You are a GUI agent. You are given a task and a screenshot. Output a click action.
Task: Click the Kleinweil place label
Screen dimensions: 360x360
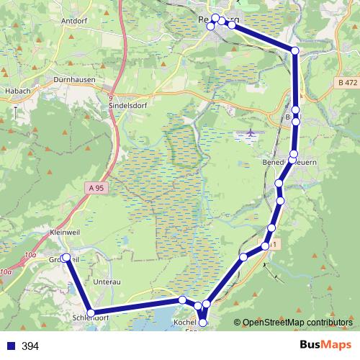click(x=67, y=233)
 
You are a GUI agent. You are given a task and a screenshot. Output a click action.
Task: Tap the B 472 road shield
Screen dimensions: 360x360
click(x=347, y=83)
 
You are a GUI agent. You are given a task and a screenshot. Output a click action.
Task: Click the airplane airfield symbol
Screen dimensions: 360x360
click(x=251, y=133)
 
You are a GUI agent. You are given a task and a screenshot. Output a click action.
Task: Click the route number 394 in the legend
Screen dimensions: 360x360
click(x=30, y=346)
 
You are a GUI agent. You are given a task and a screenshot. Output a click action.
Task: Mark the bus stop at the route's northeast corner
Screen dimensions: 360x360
click(x=295, y=50)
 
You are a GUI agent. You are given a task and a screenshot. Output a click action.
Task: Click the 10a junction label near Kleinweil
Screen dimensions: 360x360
click(x=30, y=255)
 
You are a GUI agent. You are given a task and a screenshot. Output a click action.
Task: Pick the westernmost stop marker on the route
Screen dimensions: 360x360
click(x=66, y=257)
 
